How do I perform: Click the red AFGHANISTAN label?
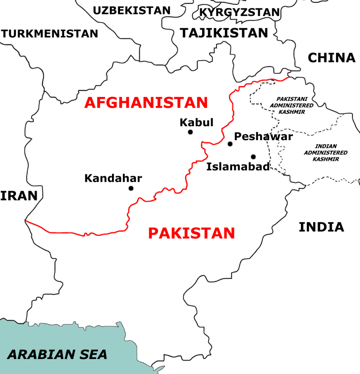(146, 102)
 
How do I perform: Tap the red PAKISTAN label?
(191, 232)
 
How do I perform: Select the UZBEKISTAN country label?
(132, 10)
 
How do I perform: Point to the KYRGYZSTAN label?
(240, 12)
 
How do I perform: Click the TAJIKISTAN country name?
(224, 33)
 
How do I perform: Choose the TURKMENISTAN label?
(50, 34)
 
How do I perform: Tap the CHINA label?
(331, 58)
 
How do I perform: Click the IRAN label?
(19, 195)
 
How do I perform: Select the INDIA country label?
(321, 227)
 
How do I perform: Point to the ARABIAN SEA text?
(57, 354)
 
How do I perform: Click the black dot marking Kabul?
(190, 132)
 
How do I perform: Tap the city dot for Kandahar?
(131, 188)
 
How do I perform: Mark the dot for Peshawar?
(230, 144)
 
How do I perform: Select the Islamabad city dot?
(253, 157)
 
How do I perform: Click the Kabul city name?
(196, 123)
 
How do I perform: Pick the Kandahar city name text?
(113, 178)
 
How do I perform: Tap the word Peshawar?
(263, 136)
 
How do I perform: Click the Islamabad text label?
(238, 166)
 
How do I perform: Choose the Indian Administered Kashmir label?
(325, 152)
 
